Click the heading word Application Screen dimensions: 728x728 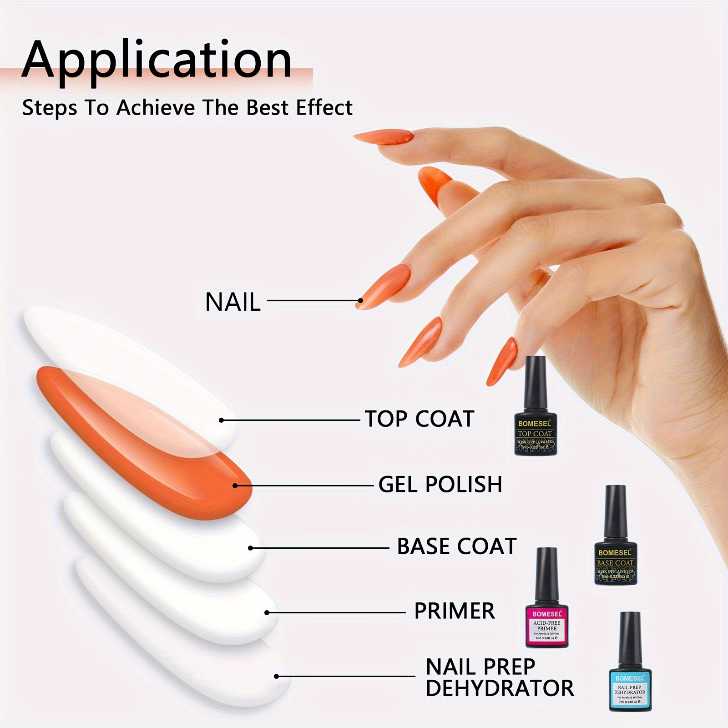point(157,61)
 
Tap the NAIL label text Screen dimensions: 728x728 point(233,302)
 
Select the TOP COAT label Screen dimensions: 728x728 point(420,419)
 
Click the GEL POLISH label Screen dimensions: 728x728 point(440,484)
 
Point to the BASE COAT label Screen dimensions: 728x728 point(456,546)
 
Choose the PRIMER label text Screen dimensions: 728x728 point(454,611)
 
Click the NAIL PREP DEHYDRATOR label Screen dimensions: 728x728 point(499,677)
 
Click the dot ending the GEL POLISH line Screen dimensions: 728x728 point(235,485)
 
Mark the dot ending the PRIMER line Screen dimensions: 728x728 point(267,612)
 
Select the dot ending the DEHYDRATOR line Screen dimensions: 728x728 point(276,677)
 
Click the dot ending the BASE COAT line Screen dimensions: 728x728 point(251,548)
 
